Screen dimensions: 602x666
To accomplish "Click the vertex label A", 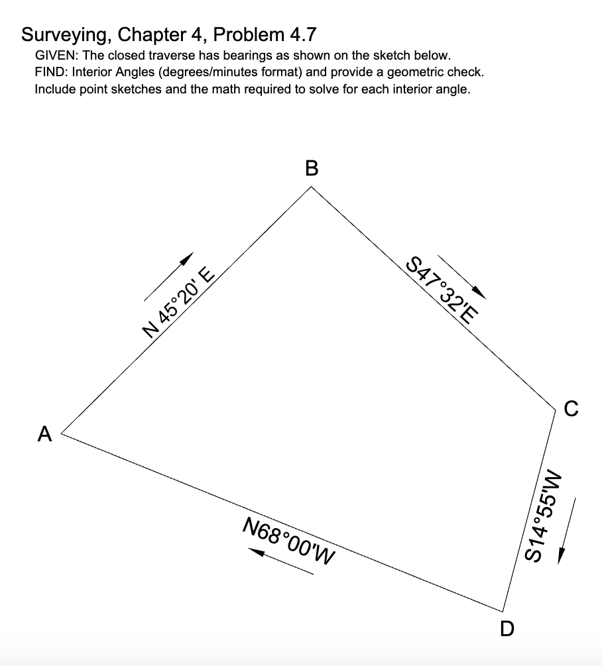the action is click(x=45, y=434).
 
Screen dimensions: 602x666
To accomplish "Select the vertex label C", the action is click(x=571, y=409).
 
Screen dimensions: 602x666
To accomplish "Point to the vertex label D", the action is click(x=507, y=628).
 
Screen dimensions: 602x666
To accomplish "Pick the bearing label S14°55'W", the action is click(x=545, y=514).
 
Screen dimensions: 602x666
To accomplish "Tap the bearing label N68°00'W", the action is click(x=288, y=538).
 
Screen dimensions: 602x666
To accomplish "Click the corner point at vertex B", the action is click(x=312, y=187).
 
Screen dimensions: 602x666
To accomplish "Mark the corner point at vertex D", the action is click(x=503, y=611).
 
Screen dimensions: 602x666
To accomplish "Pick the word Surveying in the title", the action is click(x=60, y=34).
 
